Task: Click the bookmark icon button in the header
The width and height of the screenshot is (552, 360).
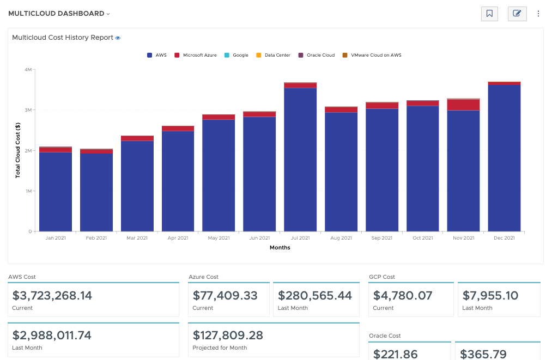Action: (x=489, y=14)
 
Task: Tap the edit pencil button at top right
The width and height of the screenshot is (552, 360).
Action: (x=517, y=14)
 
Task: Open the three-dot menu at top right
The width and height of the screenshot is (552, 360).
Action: (x=538, y=14)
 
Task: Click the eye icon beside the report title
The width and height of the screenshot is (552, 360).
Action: (x=118, y=38)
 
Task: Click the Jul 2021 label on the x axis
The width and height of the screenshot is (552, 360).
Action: (x=300, y=238)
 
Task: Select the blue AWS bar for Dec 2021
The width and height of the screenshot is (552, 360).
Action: (x=504, y=158)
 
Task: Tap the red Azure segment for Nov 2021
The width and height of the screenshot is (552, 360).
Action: (x=463, y=105)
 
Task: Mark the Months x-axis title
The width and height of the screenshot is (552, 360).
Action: (x=280, y=248)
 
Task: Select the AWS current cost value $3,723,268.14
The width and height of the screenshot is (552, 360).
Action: (x=52, y=296)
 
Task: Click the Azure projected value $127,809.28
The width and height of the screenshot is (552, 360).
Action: (x=228, y=335)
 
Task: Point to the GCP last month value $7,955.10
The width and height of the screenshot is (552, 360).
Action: (x=490, y=296)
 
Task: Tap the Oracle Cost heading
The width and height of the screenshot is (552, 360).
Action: (x=385, y=336)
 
